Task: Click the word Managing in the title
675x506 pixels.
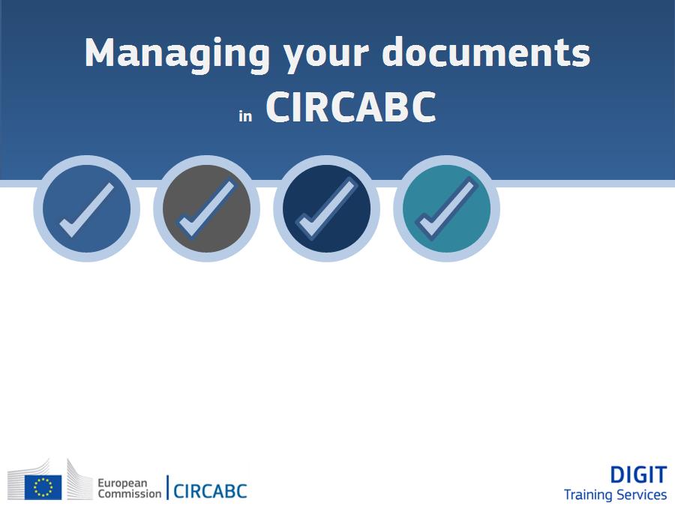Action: [177, 55]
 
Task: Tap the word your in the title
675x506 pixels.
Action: [326, 58]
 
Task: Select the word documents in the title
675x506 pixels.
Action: [486, 52]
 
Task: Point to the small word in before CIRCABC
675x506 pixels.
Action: [245, 115]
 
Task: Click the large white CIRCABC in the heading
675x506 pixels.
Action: [351, 107]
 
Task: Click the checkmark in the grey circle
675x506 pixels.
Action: [207, 208]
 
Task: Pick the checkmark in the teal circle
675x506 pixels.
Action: [447, 208]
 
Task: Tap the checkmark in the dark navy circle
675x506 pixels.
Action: [327, 208]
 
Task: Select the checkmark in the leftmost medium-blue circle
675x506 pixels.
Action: [87, 210]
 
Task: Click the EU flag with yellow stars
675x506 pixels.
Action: [43, 487]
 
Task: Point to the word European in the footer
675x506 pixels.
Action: [123, 484]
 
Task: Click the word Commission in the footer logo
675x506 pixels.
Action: [130, 493]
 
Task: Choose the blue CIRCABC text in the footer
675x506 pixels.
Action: [210, 491]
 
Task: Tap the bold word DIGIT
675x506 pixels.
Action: [638, 475]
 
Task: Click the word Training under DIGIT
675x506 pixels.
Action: [586, 496]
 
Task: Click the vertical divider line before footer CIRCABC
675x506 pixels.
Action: [167, 487]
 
